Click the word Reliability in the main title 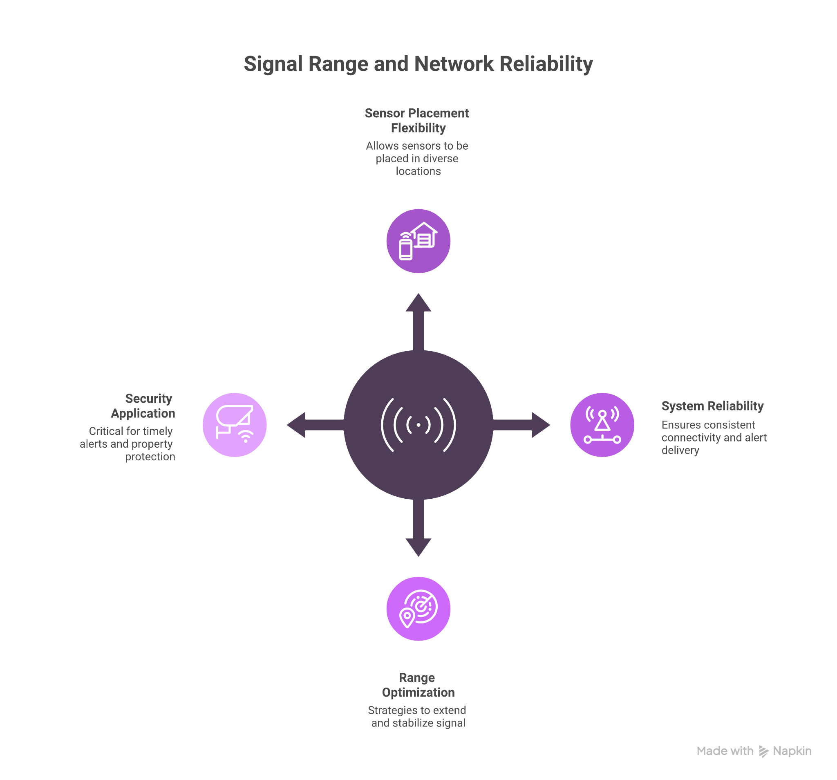coord(546,65)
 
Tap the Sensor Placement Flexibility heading coord(417,121)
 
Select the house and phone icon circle coord(418,241)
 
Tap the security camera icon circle coord(235,424)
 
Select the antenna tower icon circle coord(602,424)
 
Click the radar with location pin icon coord(418,609)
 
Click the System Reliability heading coord(712,406)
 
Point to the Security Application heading coord(143,406)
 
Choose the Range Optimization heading coord(418,685)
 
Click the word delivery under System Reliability coord(680,450)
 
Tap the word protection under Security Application coord(150,457)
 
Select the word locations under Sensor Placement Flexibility coord(418,171)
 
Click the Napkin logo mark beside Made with coord(763,751)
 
